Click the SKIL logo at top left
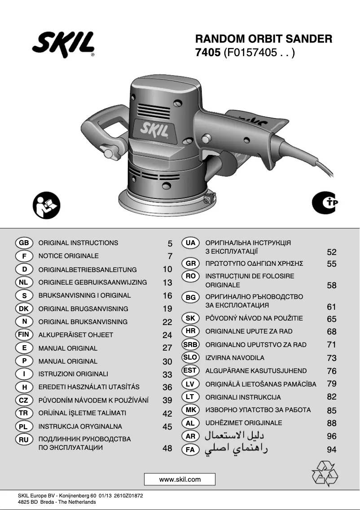(x=63, y=44)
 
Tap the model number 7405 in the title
(x=208, y=53)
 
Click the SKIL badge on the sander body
(x=154, y=129)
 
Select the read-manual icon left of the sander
(x=47, y=205)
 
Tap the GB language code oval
(x=24, y=242)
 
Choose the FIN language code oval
(x=24, y=334)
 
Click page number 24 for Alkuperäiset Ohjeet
(x=167, y=335)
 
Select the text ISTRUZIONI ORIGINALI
(x=73, y=374)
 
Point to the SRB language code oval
(x=190, y=344)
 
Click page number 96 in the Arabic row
(x=332, y=436)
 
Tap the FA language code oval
(x=190, y=449)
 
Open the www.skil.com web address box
(x=180, y=479)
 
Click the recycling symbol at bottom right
(x=325, y=473)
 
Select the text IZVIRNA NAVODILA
(x=235, y=358)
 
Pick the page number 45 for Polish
(x=167, y=427)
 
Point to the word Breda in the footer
(x=48, y=502)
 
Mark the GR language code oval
(x=190, y=264)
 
